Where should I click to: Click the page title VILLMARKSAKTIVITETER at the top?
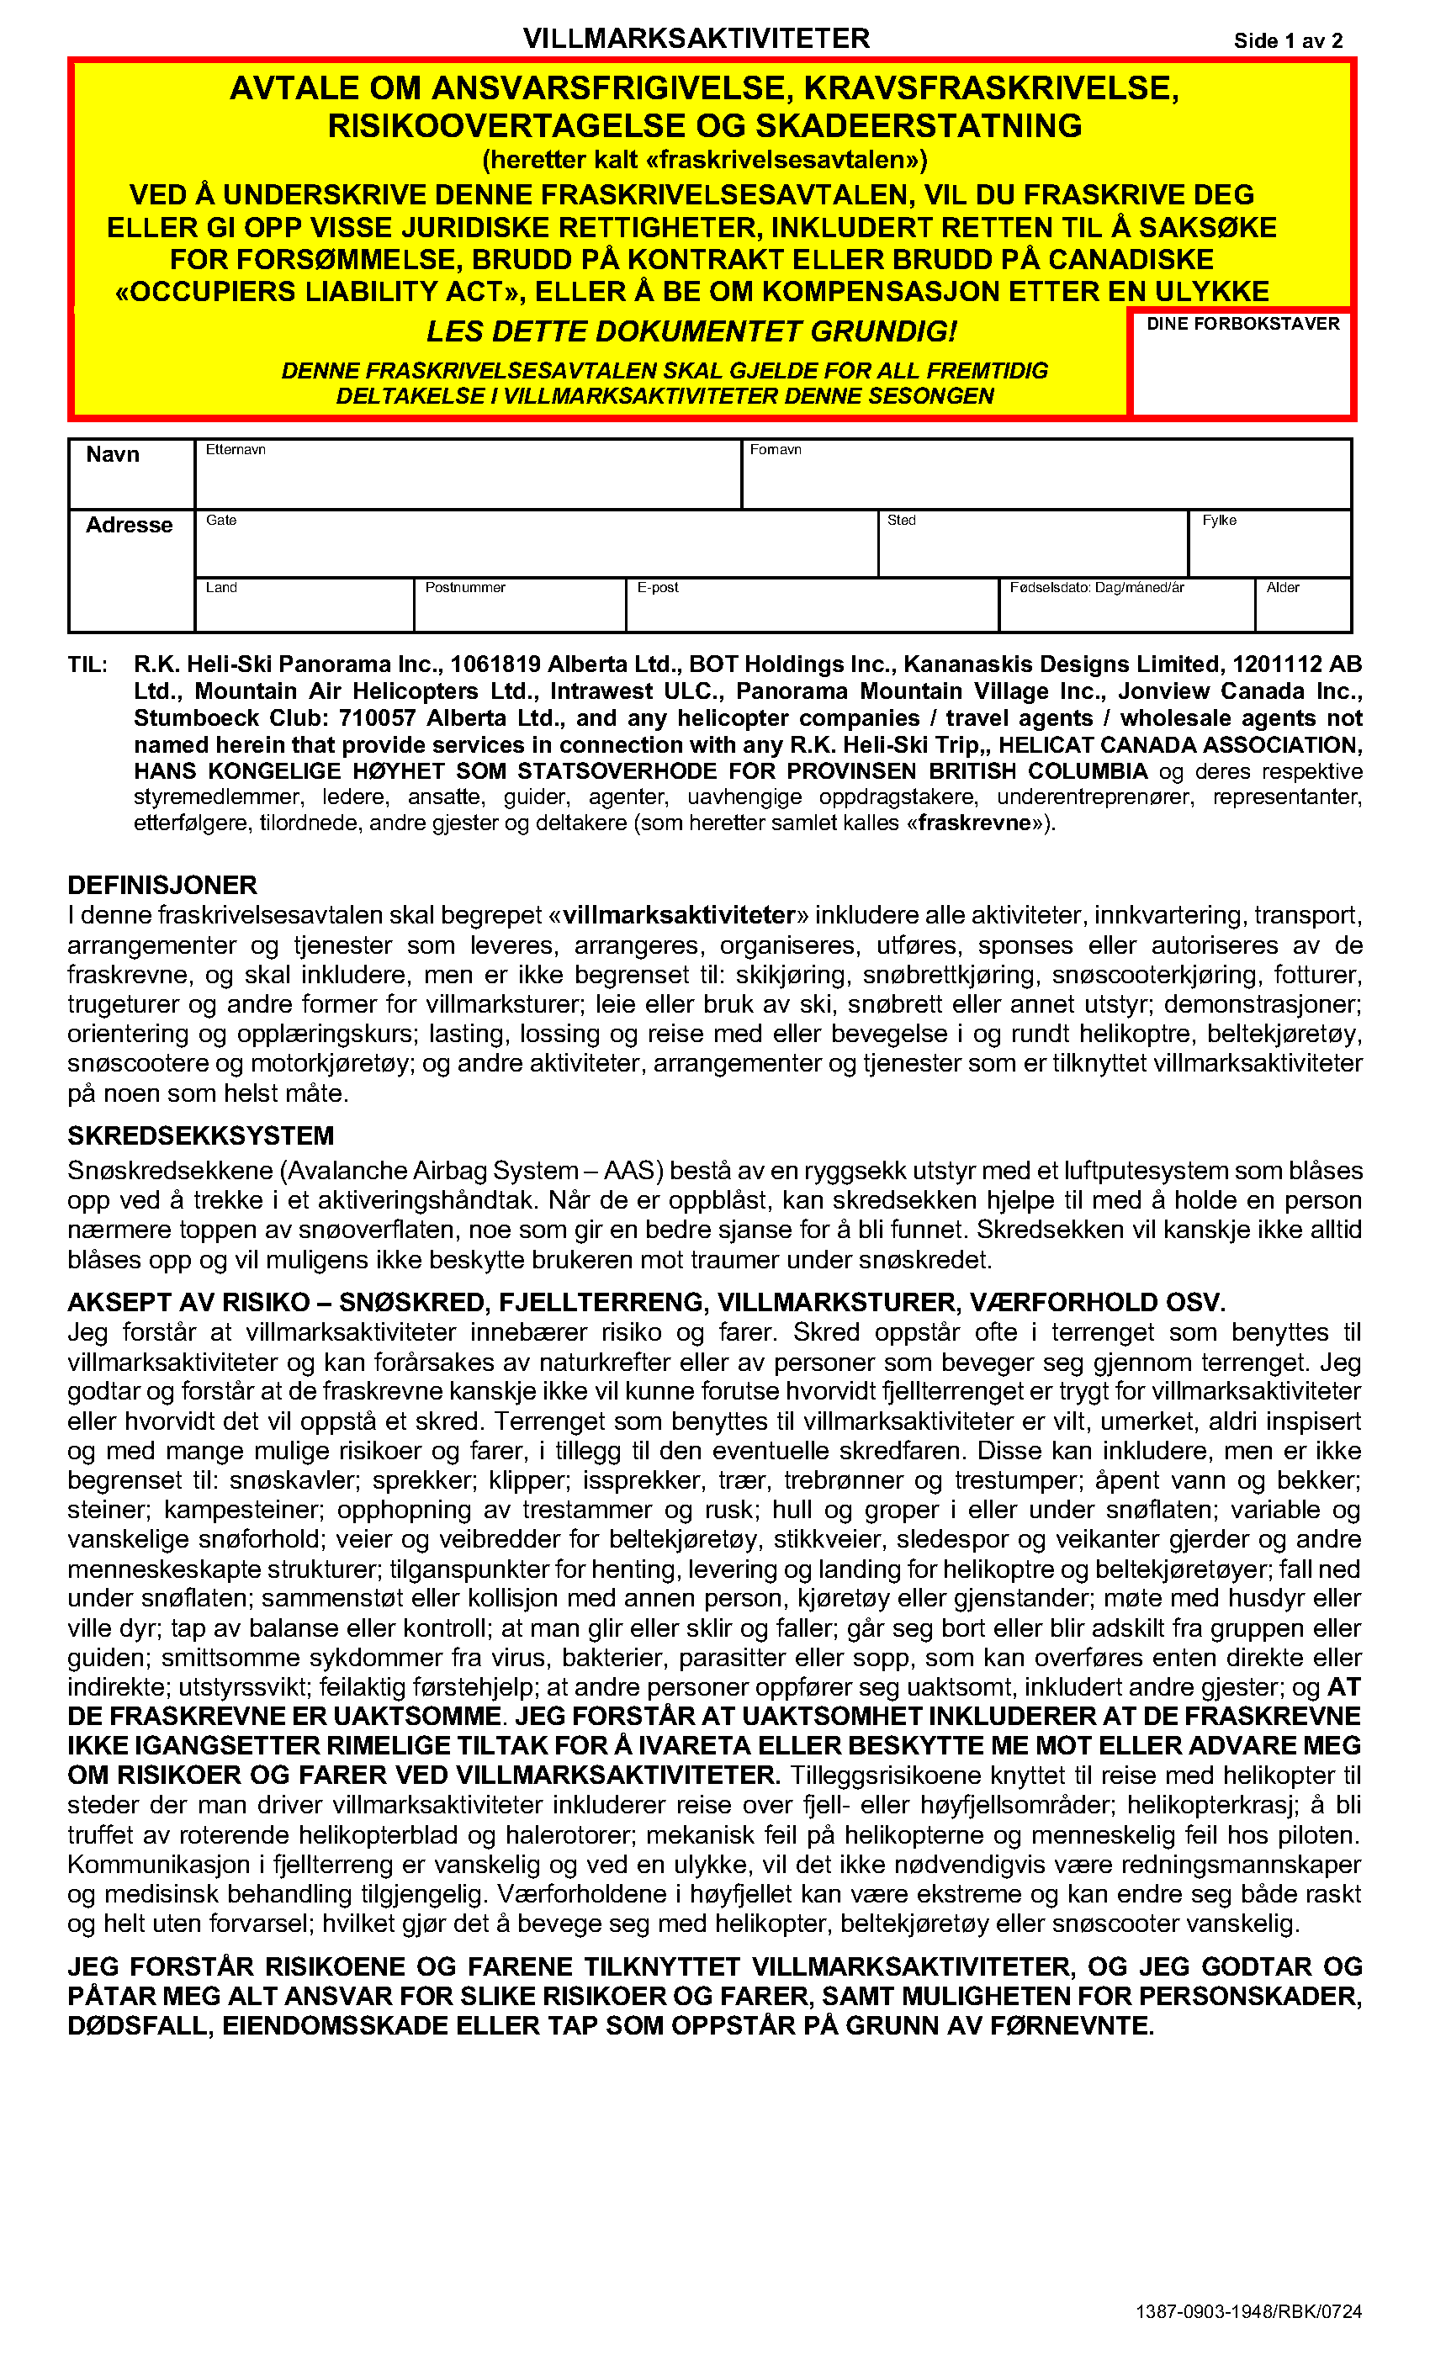coord(696,38)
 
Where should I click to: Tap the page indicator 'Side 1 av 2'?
coord(1288,40)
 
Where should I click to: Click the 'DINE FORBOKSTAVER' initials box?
coord(1242,368)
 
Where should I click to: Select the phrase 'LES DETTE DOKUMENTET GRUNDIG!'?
coord(691,331)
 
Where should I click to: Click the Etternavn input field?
coord(469,478)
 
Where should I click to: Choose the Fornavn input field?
coord(1046,478)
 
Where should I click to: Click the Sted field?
coord(1032,548)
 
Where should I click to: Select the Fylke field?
coord(1268,548)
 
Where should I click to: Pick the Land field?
coord(304,610)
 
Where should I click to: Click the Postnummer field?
coord(519,610)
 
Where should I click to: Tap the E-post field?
coord(812,610)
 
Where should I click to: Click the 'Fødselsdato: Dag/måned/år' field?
coord(1126,610)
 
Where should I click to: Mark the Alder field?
coord(1302,610)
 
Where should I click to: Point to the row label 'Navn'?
coord(113,455)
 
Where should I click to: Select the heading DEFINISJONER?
coord(162,885)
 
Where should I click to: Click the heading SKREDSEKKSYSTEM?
coord(201,1135)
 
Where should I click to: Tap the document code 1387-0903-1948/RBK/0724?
coord(1248,2311)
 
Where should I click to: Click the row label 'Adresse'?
coord(129,526)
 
